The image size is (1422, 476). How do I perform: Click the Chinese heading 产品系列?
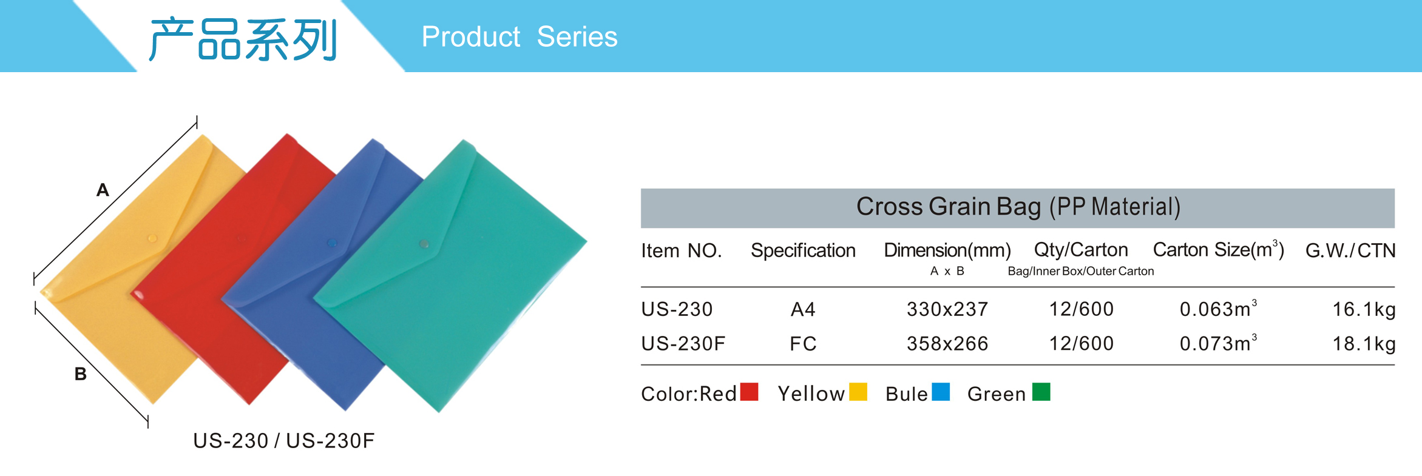point(243,39)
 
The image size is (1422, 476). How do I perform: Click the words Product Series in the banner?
point(520,37)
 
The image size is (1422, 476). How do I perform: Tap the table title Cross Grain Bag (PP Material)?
point(1018,207)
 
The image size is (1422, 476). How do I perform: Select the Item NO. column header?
point(681,250)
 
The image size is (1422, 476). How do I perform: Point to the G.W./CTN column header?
point(1350,250)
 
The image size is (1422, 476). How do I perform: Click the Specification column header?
point(803,250)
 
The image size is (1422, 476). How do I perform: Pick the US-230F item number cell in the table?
point(683,344)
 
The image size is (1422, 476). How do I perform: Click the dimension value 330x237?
point(947,309)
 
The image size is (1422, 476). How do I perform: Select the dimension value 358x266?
point(947,344)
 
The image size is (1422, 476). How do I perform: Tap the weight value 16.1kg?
point(1364,309)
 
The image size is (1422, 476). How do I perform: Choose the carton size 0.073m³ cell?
point(1218,343)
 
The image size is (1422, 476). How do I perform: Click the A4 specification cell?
point(803,309)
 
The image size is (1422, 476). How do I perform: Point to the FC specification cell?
point(803,344)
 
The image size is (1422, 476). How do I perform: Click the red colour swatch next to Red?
point(750,392)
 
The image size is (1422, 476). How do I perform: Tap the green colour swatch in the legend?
point(1041,392)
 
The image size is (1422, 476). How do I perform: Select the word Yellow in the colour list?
point(811,394)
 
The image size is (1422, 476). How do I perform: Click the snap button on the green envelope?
point(424,244)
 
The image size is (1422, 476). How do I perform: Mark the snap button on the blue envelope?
point(331,243)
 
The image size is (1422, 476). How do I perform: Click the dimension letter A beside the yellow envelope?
point(103,190)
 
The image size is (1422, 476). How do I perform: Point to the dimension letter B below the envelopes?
point(80,374)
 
